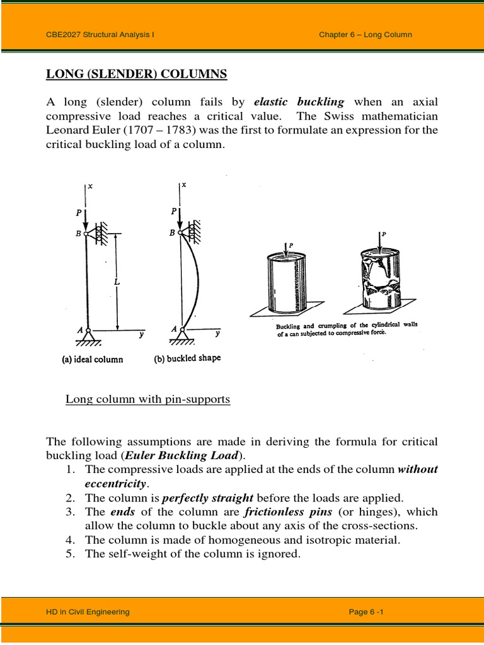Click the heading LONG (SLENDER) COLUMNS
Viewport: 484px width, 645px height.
coord(137,75)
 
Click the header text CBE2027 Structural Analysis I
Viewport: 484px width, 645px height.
coord(100,35)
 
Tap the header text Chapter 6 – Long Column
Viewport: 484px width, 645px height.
coord(366,35)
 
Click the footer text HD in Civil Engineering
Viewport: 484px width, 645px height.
coord(88,612)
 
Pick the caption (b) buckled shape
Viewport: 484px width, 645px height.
coord(188,359)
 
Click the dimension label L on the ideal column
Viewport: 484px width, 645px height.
coord(117,282)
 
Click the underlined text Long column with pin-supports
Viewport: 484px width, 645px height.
coord(148,399)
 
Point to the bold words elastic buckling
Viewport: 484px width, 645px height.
coord(299,102)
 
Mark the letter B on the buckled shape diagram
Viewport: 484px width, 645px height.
coord(171,232)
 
